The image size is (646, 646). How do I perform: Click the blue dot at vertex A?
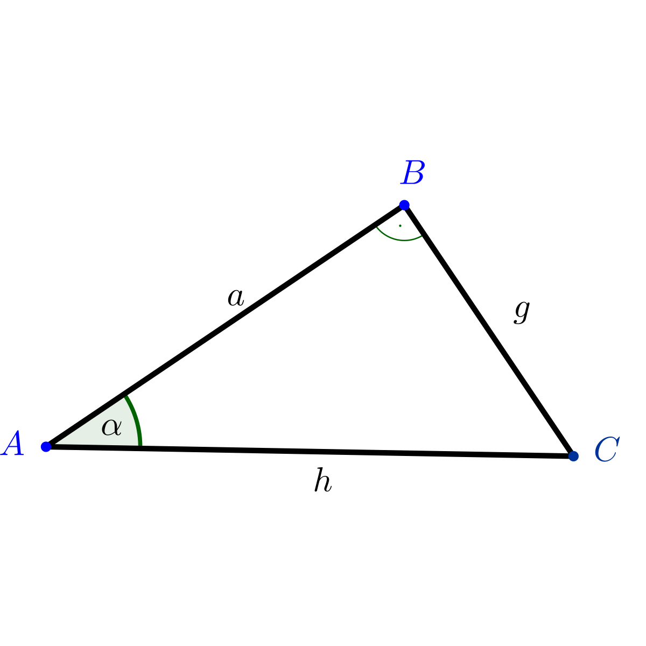coord(46,446)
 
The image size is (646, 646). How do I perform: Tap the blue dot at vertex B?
coord(404,205)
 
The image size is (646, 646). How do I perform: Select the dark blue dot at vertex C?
coord(573,456)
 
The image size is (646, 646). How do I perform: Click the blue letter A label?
coord(12,443)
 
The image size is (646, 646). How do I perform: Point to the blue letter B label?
coord(413,172)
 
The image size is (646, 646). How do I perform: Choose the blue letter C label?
coord(607,449)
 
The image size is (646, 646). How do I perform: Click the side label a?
coord(236,297)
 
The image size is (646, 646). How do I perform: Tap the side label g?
coord(522,312)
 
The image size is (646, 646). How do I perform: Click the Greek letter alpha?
coord(111,427)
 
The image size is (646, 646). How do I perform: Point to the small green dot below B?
coord(400,226)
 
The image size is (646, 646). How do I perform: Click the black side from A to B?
coord(225,326)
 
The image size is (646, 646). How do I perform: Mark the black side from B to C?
coord(489,330)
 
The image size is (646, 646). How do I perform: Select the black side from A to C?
coord(310,451)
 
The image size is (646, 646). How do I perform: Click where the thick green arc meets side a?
coord(125,396)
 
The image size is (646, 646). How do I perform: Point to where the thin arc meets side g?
coord(422,236)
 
